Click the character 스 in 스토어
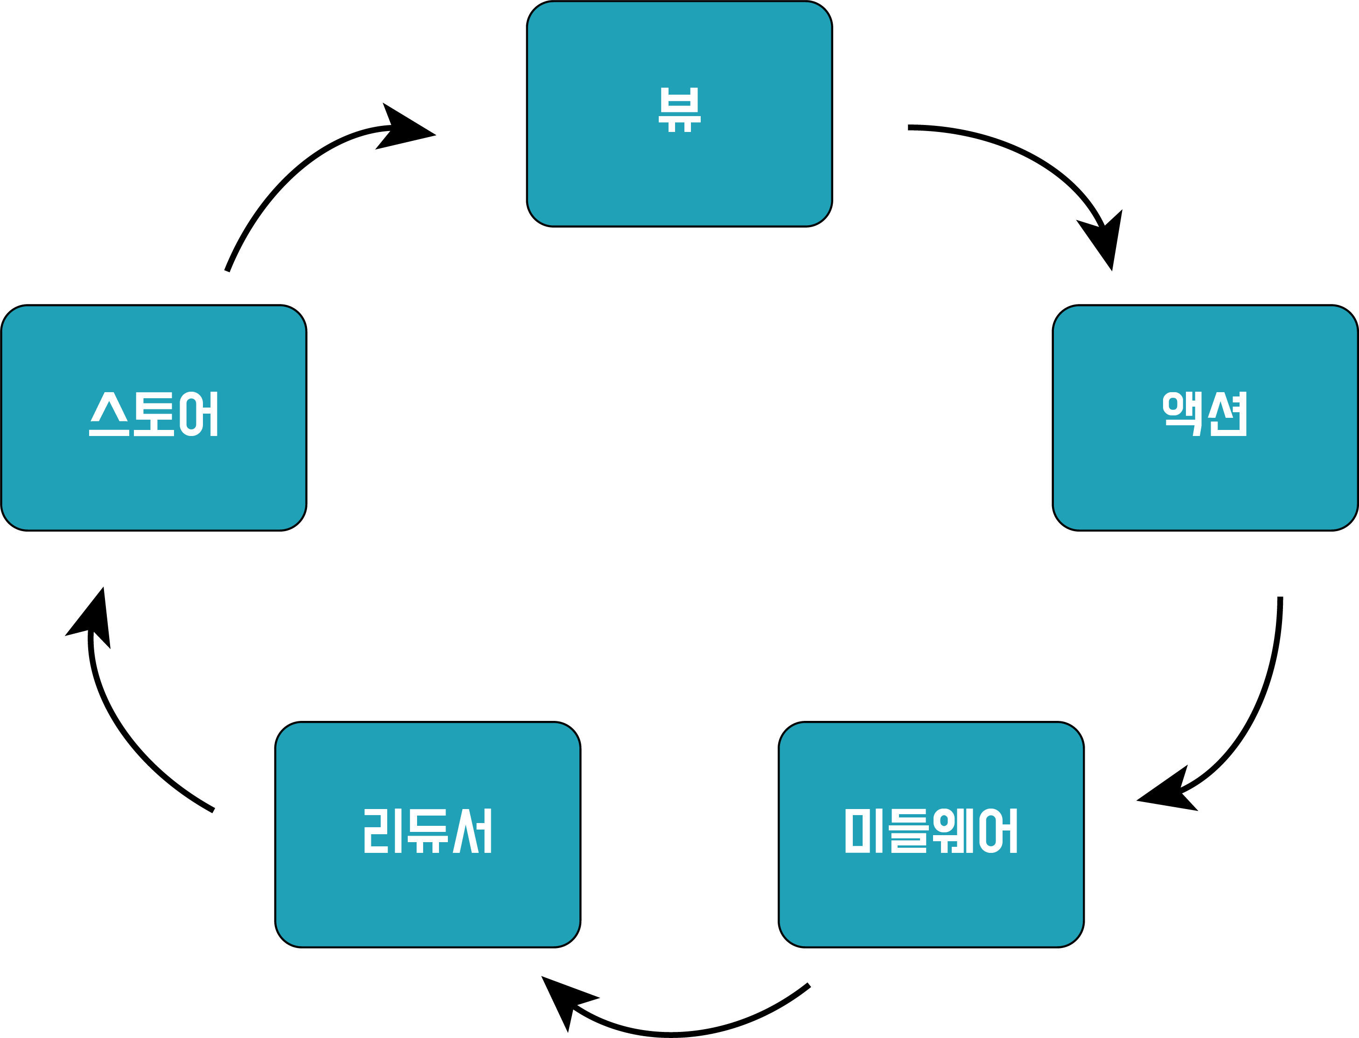(109, 414)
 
